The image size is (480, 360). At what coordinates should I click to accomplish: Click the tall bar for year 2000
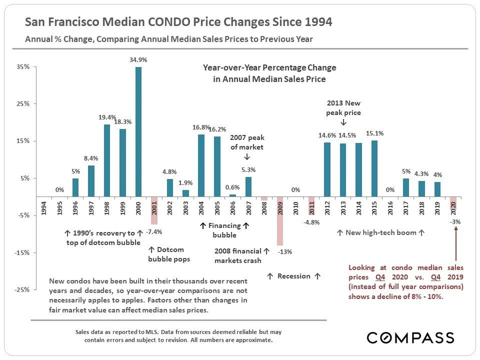pos(138,131)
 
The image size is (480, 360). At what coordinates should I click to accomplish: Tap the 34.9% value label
pos(138,59)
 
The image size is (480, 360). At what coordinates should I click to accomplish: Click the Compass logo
pos(410,337)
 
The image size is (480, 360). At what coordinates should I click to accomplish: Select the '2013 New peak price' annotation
pos(343,108)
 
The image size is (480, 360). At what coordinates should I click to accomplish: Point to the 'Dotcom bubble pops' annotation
pos(169,254)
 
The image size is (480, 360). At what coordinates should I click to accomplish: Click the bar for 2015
pos(374,168)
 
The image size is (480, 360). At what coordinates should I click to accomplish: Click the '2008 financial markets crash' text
pos(238,255)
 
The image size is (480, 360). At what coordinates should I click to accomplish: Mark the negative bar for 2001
pos(154,210)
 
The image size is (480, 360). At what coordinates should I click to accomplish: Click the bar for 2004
pos(201,165)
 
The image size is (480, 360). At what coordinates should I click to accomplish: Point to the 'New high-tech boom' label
pos(381,233)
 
